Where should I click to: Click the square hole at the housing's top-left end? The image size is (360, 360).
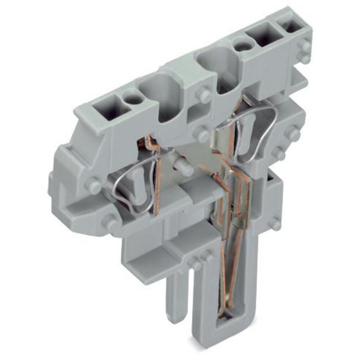coord(107,107)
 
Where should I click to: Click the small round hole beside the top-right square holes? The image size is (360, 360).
coord(243,45)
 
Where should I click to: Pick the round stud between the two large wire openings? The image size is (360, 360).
coord(203,95)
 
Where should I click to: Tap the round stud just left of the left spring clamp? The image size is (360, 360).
coord(94,186)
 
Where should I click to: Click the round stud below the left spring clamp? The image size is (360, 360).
coord(110,222)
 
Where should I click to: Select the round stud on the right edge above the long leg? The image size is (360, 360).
coord(275,224)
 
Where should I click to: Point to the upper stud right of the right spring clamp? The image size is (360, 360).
coord(293,133)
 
